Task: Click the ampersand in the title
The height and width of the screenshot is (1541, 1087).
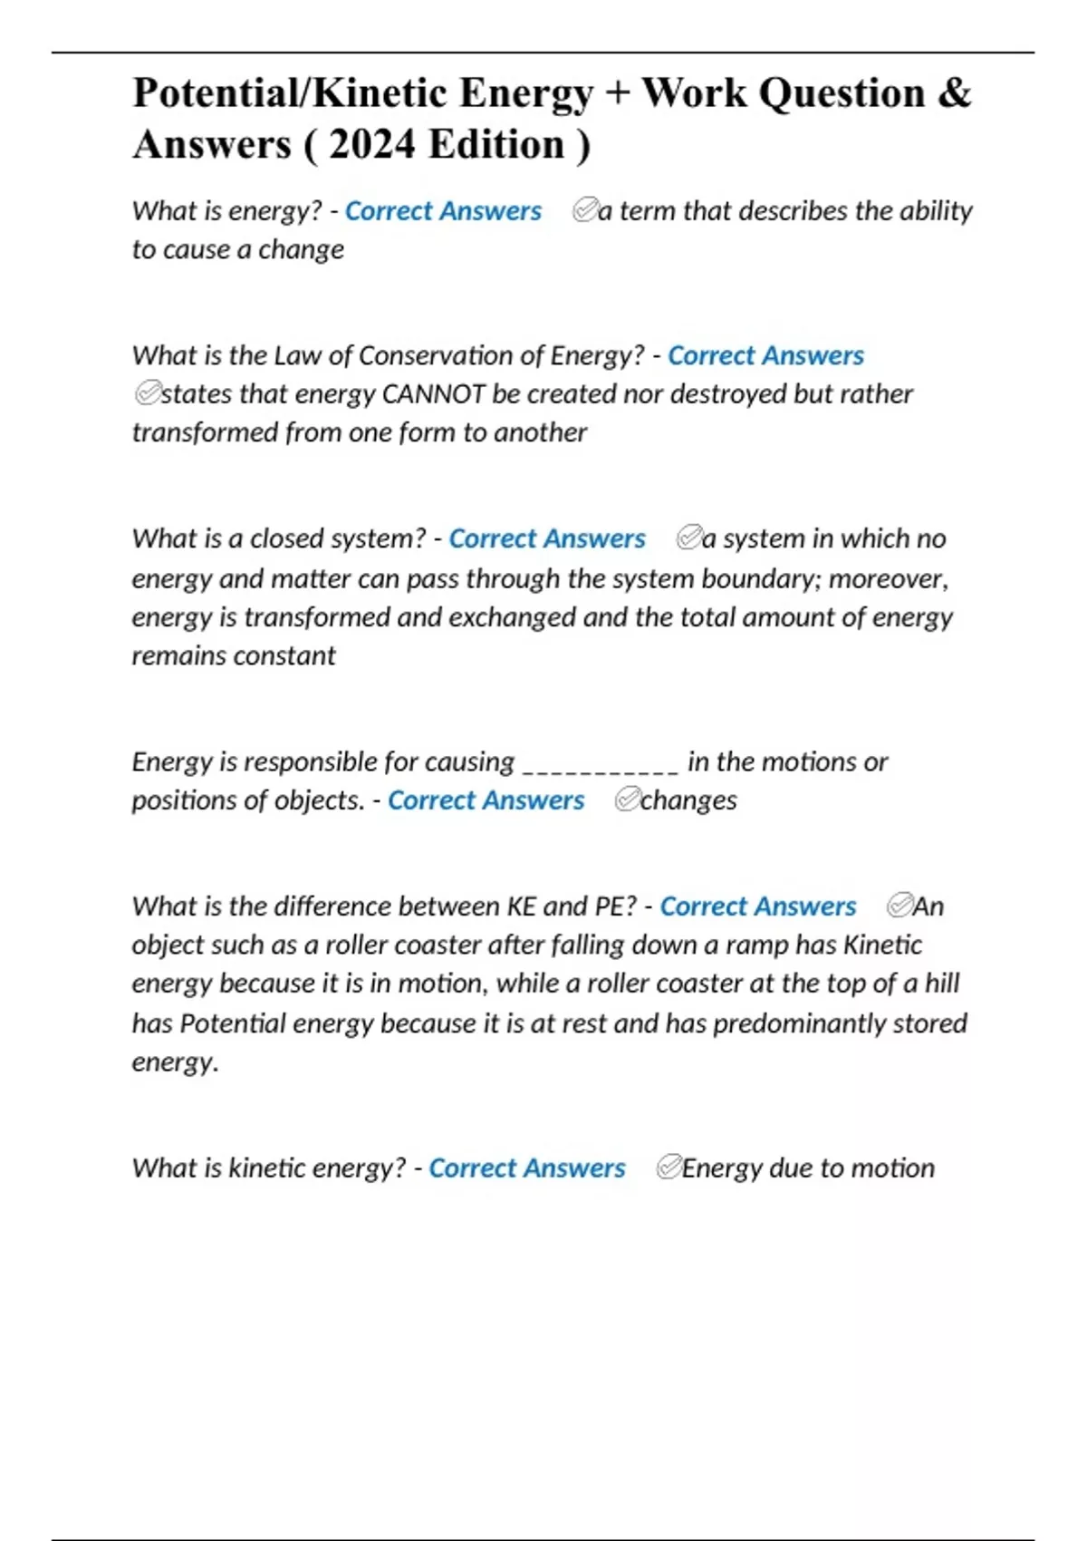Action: tap(955, 93)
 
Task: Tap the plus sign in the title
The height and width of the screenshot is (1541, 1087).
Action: tap(618, 93)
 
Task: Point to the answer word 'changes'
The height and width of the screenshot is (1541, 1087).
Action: tap(688, 800)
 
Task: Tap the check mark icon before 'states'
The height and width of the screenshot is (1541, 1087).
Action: tap(146, 393)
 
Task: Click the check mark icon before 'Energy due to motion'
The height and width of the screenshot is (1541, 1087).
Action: tap(669, 1168)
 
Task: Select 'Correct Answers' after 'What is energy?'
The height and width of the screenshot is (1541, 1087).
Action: tap(443, 211)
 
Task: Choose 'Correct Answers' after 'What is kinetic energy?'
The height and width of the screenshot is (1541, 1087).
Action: tap(526, 1168)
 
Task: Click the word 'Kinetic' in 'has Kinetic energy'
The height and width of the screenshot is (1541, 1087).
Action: tap(882, 945)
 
